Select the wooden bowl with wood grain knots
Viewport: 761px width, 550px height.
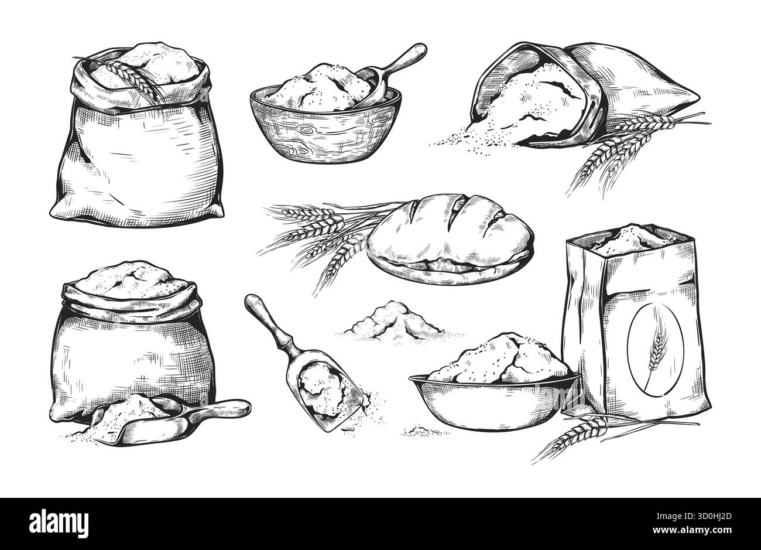coord(325,127)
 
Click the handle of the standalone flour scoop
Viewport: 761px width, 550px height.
coord(268,318)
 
